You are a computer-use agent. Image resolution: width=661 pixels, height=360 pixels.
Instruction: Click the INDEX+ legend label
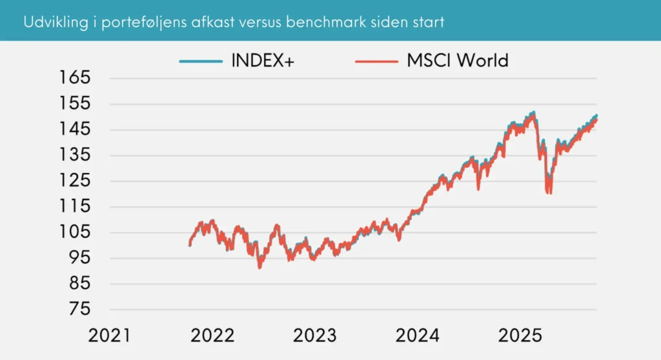pyautogui.click(x=259, y=61)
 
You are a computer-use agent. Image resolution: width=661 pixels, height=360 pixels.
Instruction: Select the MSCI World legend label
pyautogui.click(x=457, y=61)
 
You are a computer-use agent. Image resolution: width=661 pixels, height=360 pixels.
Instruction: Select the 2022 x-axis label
pyautogui.click(x=212, y=336)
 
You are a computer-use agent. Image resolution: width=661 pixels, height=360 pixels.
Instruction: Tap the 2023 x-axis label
pyautogui.click(x=315, y=336)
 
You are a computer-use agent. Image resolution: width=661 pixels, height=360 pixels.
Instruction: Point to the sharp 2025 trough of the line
pyautogui.click(x=549, y=192)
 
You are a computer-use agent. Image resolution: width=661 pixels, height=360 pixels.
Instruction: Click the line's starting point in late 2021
pyautogui.click(x=189, y=245)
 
